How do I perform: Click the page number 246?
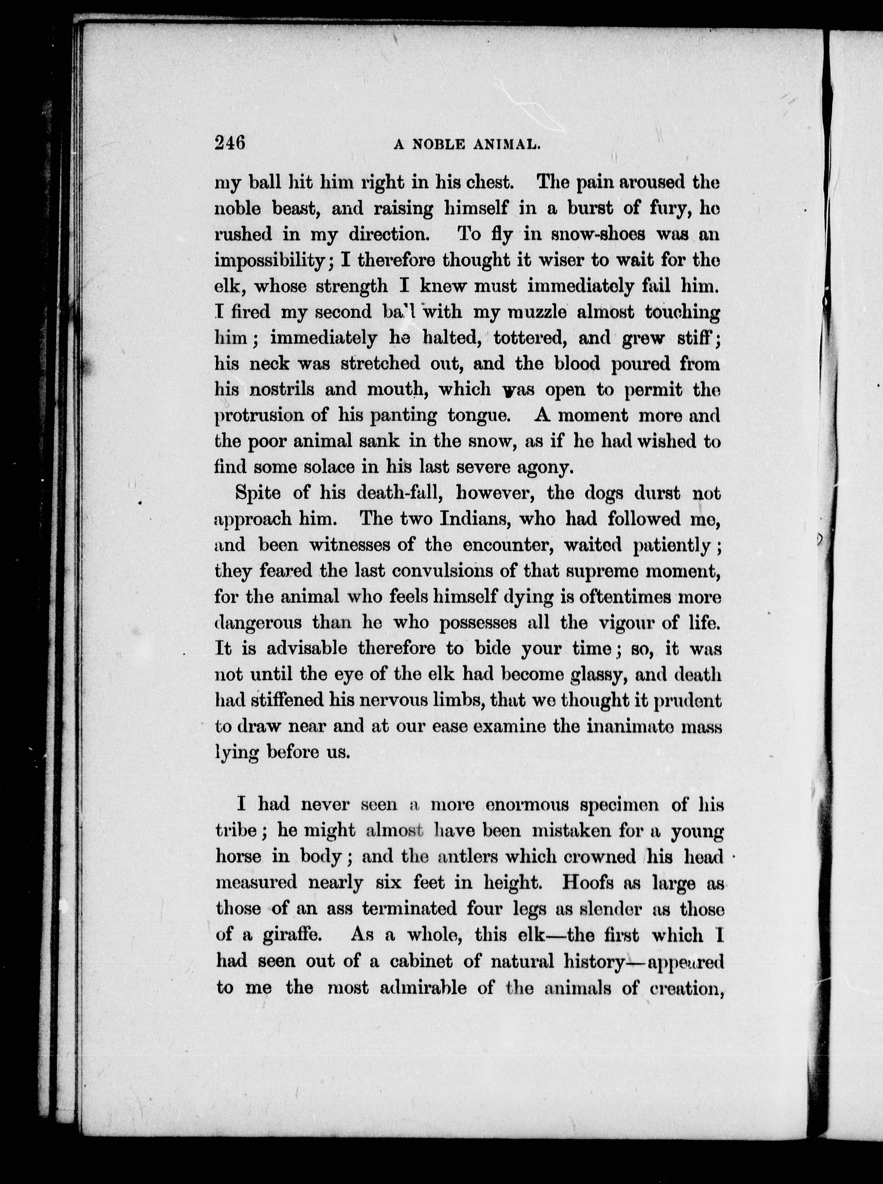[229, 143]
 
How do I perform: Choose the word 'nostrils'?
[282, 389]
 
